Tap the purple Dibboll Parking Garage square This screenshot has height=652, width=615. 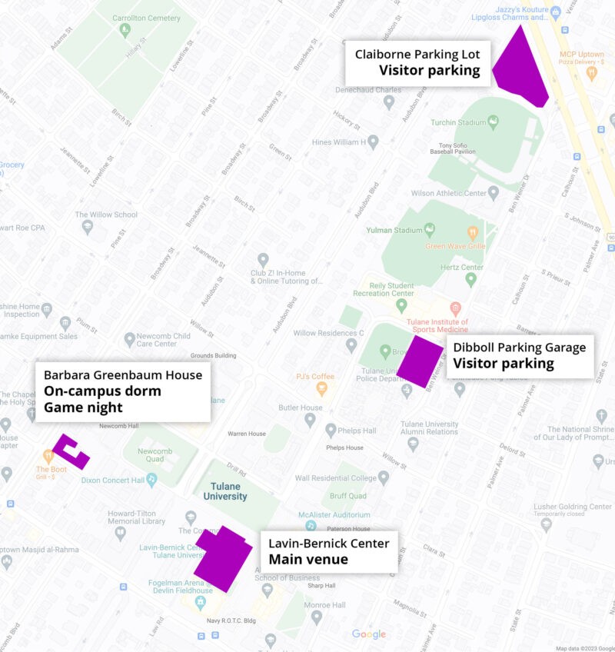click(419, 361)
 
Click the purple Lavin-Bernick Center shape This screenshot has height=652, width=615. click(223, 557)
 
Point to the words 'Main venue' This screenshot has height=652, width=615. click(307, 559)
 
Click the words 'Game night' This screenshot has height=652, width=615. click(83, 407)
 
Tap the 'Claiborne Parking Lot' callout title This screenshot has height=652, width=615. click(417, 54)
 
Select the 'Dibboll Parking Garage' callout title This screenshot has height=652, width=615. click(519, 347)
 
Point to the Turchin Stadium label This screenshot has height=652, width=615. click(458, 122)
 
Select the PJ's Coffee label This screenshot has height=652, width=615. click(315, 376)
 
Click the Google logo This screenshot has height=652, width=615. click(369, 634)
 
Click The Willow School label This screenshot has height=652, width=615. click(106, 215)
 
